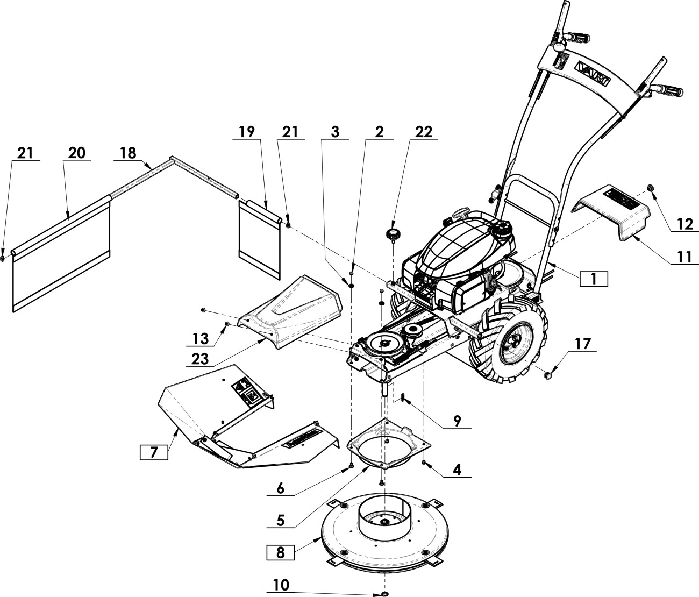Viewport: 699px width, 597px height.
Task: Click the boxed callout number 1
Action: pyautogui.click(x=594, y=279)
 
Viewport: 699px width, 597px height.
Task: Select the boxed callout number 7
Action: pyautogui.click(x=154, y=452)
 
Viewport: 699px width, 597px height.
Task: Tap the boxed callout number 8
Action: pyautogui.click(x=280, y=552)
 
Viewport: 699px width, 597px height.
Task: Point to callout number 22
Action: pyautogui.click(x=424, y=132)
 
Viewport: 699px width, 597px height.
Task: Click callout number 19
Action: pyautogui.click(x=247, y=132)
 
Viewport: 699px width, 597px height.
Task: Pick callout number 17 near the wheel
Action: pyautogui.click(x=583, y=344)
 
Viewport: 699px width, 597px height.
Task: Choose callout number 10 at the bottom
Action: pyautogui.click(x=281, y=585)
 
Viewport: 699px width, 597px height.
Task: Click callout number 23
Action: pyautogui.click(x=200, y=359)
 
